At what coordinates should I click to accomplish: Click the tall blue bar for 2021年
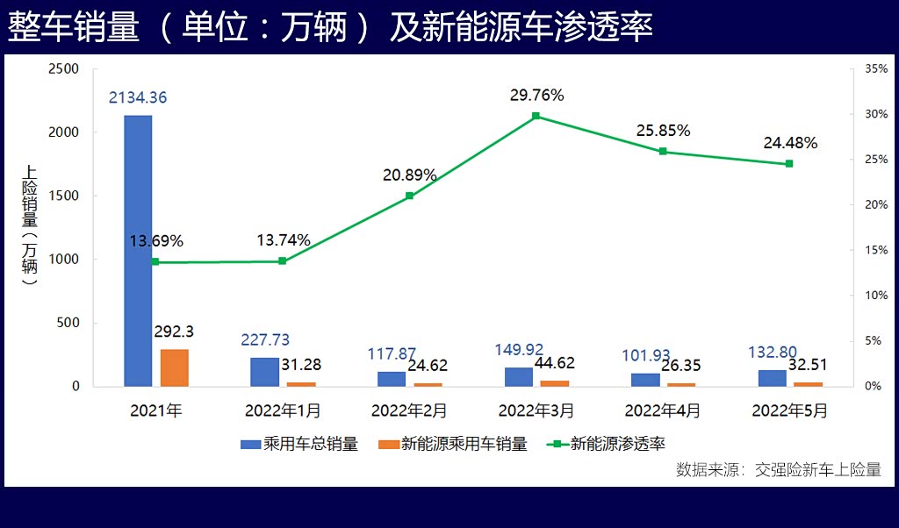(x=138, y=250)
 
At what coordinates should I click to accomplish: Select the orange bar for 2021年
(x=174, y=367)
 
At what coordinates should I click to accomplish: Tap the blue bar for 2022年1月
(x=264, y=372)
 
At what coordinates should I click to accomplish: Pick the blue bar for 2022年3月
(x=519, y=376)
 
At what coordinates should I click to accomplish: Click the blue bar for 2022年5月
(x=772, y=378)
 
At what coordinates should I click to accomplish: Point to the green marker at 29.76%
(x=536, y=116)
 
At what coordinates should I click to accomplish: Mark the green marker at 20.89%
(x=409, y=196)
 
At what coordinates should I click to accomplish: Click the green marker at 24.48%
(x=789, y=164)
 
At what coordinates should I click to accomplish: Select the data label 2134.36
(x=138, y=98)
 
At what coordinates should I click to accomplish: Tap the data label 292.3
(x=174, y=332)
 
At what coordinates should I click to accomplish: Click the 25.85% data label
(x=664, y=131)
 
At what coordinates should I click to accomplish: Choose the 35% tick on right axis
(x=876, y=68)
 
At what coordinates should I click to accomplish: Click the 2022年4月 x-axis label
(x=663, y=410)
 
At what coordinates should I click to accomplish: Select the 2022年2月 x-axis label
(x=409, y=410)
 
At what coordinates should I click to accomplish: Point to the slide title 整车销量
(x=74, y=27)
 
